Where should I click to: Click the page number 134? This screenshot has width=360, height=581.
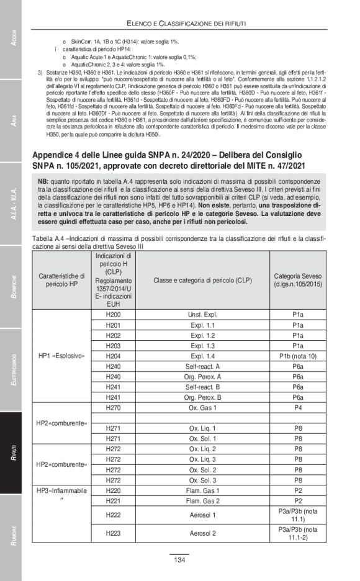(179, 561)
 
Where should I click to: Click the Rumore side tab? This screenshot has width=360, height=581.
(11, 536)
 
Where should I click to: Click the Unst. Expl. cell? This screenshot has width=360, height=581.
(202, 315)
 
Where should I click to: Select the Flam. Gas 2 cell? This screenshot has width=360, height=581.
(202, 500)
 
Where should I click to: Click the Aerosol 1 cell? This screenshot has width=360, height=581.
(202, 515)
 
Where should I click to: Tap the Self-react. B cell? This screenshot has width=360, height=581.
(202, 387)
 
